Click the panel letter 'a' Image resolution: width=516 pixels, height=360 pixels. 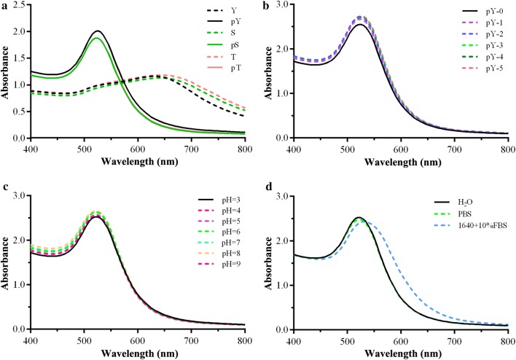pos(4,6)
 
